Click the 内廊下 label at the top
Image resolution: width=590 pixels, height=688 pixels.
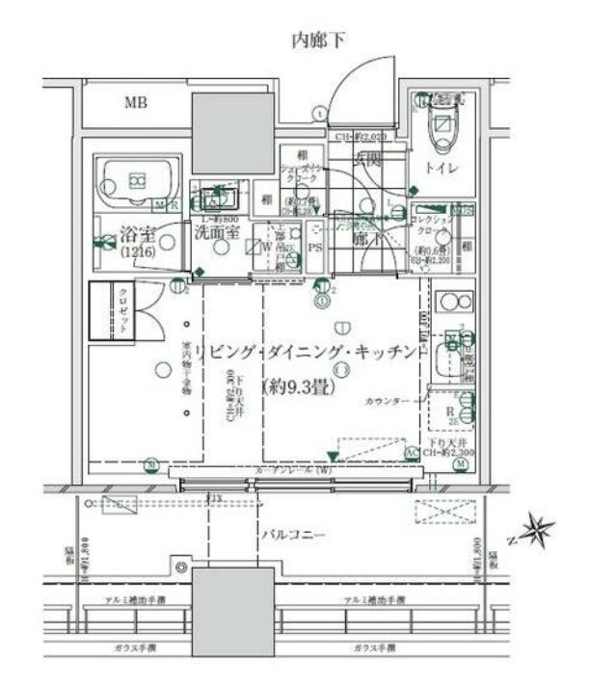[318, 40]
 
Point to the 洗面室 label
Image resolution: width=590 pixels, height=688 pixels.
[212, 232]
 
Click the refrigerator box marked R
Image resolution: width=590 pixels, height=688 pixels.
[448, 409]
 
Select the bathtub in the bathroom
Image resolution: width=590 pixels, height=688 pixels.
[137, 179]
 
